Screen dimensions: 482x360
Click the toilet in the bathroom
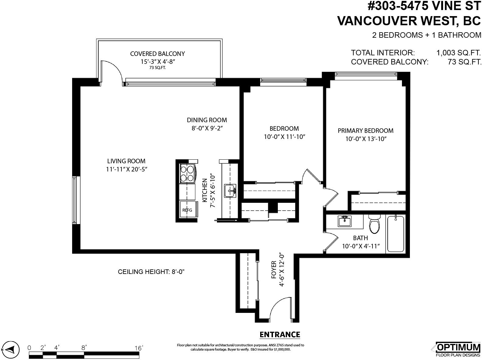coord(374,223)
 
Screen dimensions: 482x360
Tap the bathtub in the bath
coord(396,234)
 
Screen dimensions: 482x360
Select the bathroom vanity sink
coord(344,221)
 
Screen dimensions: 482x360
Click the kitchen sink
coord(230,191)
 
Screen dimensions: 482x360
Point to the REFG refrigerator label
coord(187,210)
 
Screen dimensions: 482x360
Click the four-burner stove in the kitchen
coord(187,173)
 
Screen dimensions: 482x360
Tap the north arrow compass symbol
coord(10,349)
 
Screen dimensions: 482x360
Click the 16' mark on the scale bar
coord(139,348)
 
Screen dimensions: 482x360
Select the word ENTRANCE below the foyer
coord(280,334)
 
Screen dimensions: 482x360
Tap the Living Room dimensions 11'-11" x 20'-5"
coord(127,169)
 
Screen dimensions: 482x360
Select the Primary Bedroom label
coord(365,131)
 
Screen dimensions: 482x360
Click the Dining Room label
coord(207,120)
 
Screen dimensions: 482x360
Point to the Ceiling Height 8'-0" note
coord(151,272)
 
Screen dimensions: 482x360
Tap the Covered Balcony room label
coord(157,54)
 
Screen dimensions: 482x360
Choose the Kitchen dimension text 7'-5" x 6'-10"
coord(213,191)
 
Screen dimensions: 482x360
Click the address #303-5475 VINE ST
coord(424,6)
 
